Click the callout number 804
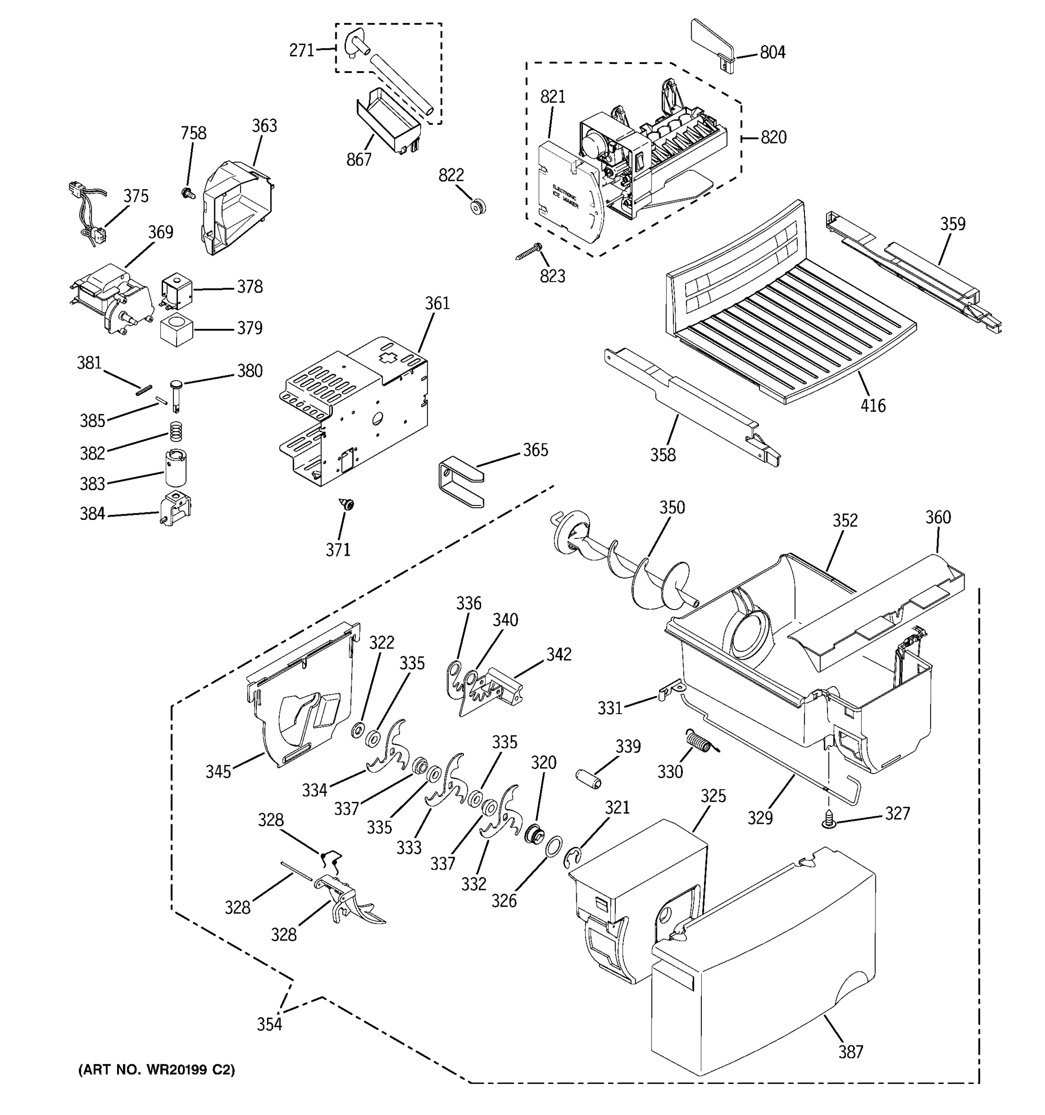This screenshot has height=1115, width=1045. (772, 52)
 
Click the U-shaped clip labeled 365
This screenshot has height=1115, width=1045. (460, 479)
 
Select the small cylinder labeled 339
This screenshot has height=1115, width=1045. (590, 780)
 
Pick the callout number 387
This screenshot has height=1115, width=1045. (850, 1052)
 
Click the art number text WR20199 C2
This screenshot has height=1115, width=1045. (157, 1070)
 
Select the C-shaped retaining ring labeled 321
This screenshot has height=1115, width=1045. (575, 857)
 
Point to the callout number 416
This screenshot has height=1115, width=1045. (872, 405)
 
